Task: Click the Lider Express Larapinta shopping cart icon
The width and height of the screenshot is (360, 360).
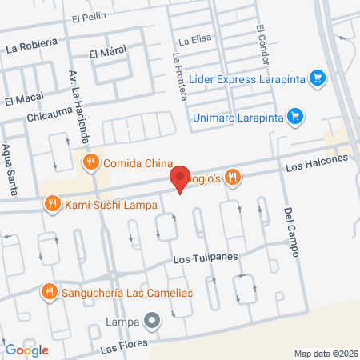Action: (x=318, y=78)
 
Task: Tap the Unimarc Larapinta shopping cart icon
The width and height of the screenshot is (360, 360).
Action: (x=295, y=115)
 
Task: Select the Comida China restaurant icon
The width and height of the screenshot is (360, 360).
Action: (x=91, y=162)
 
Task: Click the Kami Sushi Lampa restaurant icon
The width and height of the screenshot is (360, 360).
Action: (x=52, y=204)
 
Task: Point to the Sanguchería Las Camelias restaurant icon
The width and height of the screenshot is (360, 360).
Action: (x=50, y=291)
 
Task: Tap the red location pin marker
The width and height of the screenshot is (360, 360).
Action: (x=180, y=179)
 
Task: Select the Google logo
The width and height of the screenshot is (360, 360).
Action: (x=26, y=350)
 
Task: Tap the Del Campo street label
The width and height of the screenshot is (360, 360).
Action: (x=291, y=232)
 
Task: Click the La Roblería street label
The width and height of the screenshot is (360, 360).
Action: (x=32, y=47)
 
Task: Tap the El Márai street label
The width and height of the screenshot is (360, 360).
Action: (x=104, y=54)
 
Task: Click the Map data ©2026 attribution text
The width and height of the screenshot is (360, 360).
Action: (x=326, y=353)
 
